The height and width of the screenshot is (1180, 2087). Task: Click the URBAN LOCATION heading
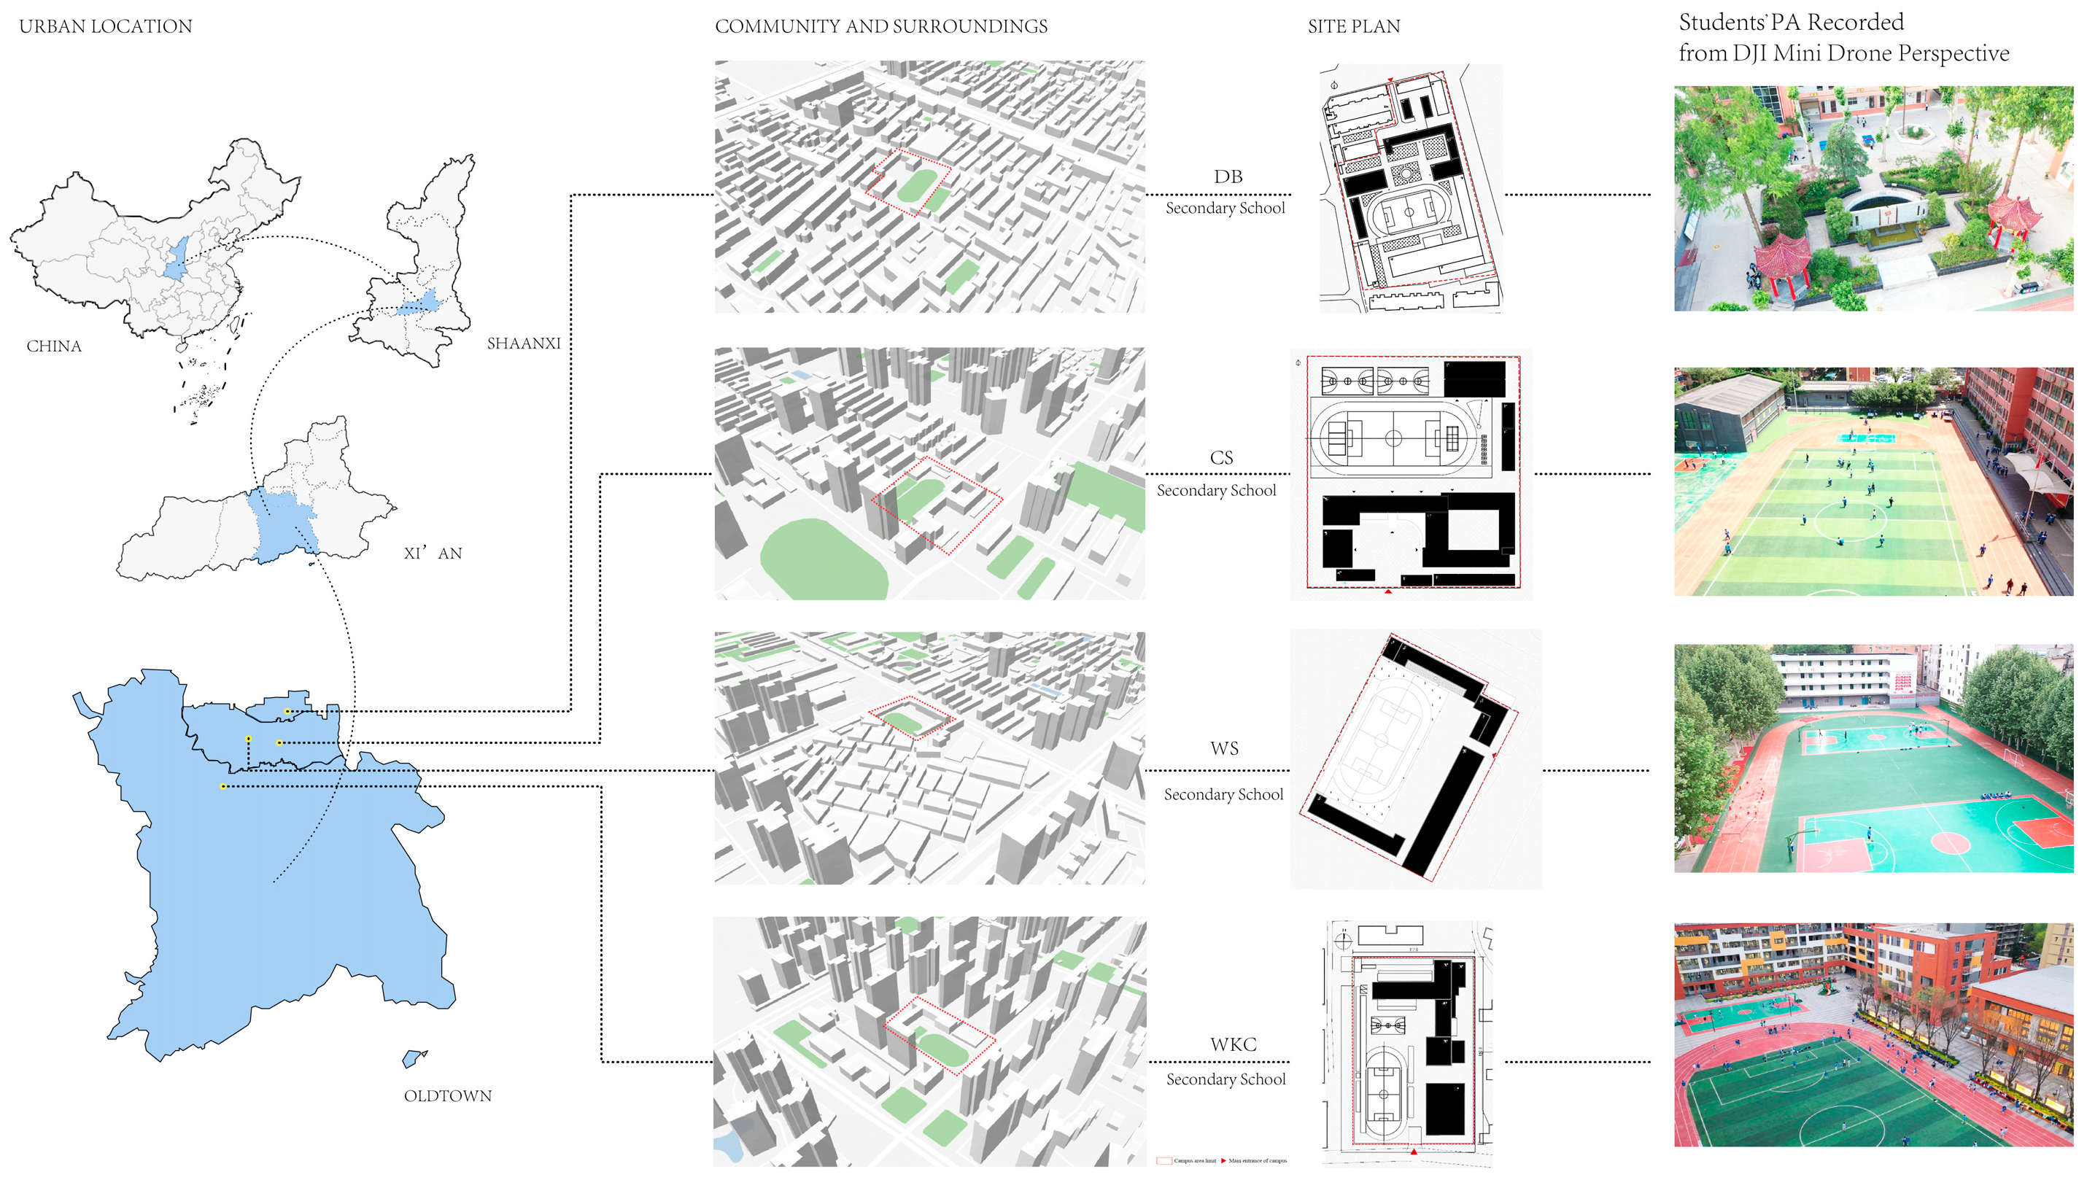[105, 27]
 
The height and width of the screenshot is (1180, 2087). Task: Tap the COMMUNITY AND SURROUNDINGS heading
[880, 27]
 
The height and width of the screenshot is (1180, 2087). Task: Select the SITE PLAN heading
[1352, 27]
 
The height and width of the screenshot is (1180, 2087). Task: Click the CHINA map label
[53, 346]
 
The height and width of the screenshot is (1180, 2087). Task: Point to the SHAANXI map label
[523, 343]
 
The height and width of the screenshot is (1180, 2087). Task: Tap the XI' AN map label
[433, 554]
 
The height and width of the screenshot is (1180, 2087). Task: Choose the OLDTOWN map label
[447, 1095]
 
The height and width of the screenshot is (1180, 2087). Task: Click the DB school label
[1227, 176]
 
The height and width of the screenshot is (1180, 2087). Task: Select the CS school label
[1220, 458]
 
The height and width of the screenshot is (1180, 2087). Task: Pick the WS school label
[1224, 748]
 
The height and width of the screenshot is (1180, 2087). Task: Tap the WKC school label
[1233, 1044]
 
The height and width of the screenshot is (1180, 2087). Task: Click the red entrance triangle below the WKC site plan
[1413, 1151]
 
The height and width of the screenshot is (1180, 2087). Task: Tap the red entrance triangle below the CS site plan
[1388, 591]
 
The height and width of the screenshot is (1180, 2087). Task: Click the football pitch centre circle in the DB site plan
[1409, 212]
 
